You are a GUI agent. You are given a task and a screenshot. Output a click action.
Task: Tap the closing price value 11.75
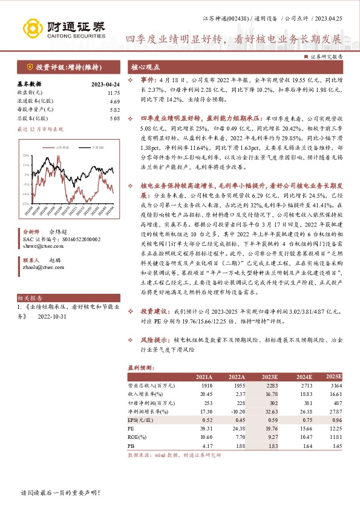(114, 92)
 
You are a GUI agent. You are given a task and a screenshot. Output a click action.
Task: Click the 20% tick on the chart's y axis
(25, 155)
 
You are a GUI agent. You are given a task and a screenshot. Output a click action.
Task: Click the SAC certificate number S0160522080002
(78, 256)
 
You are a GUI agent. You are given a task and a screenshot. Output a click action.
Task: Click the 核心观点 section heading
(146, 68)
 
